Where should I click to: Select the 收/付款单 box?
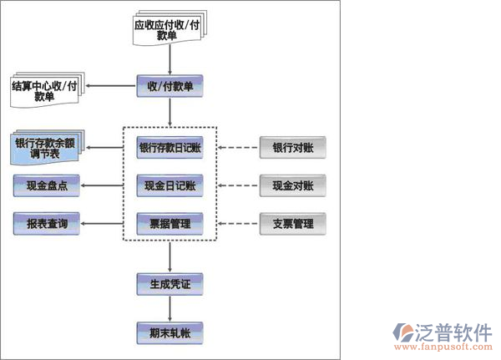tap(170, 85)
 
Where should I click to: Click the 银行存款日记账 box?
tap(170, 148)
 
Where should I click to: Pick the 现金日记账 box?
tap(170, 185)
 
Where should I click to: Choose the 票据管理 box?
tap(170, 224)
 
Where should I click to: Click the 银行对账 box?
tap(293, 148)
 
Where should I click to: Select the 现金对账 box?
tap(293, 185)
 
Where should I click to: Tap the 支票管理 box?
tap(293, 224)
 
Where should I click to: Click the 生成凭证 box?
tap(170, 283)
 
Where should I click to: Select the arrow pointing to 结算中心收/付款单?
tap(113, 86)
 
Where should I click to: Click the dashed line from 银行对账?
tap(239, 148)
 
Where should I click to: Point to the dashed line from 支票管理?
tap(239, 224)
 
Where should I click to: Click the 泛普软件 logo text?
tap(454, 330)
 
